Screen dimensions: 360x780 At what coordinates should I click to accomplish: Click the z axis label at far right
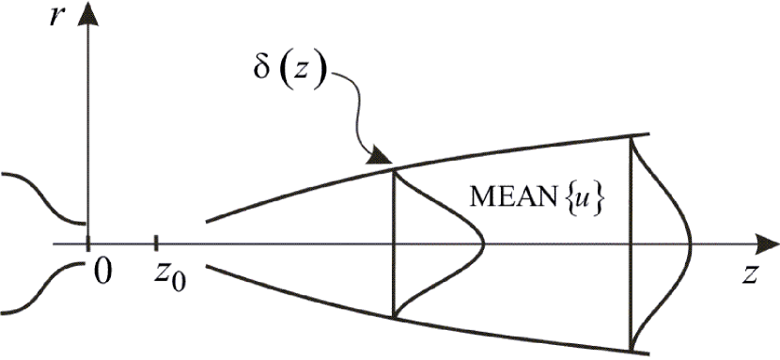click(x=749, y=274)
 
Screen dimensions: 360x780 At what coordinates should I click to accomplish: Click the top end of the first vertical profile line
click(x=393, y=169)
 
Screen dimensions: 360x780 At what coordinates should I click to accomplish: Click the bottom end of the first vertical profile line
click(x=393, y=318)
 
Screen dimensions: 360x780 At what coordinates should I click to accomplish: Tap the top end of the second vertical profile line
click(x=632, y=137)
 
